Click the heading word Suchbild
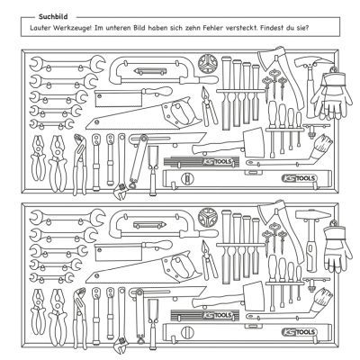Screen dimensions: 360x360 [53, 17]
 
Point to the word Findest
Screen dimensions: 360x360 [272, 28]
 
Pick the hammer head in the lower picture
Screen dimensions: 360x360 [313, 215]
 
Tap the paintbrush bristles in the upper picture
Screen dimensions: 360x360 [325, 140]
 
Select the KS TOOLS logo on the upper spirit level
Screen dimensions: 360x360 [299, 178]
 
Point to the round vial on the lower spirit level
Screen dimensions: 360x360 [188, 333]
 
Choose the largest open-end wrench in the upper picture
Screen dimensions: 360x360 [67, 64]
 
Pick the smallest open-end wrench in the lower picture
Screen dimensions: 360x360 [51, 277]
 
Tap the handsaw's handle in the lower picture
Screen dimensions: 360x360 [181, 265]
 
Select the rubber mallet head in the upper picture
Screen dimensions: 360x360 [255, 142]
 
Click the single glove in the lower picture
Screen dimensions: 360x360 [337, 247]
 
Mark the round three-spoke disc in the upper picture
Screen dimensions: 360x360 [207, 63]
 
